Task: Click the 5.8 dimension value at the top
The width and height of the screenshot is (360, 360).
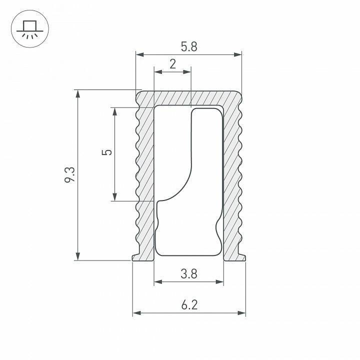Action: click(x=189, y=46)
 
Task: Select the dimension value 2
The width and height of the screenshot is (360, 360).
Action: click(x=172, y=64)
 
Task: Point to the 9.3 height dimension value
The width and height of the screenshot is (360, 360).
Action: click(x=69, y=175)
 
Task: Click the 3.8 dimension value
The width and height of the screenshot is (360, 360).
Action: click(x=188, y=273)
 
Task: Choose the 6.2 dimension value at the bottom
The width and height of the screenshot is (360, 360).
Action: click(x=188, y=304)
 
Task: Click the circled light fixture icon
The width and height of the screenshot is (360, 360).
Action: click(x=29, y=29)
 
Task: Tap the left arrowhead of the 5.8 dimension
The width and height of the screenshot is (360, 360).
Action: click(x=139, y=54)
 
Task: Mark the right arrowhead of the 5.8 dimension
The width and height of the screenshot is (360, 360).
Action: click(x=238, y=54)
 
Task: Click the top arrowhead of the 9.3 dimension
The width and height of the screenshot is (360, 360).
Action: click(x=77, y=93)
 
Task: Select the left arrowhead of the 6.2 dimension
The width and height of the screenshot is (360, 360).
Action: click(x=136, y=313)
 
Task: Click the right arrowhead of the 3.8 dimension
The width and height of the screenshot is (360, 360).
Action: click(x=220, y=282)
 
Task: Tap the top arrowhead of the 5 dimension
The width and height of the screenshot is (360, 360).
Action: click(x=115, y=111)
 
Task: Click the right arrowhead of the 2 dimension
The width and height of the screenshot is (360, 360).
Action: click(x=188, y=72)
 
